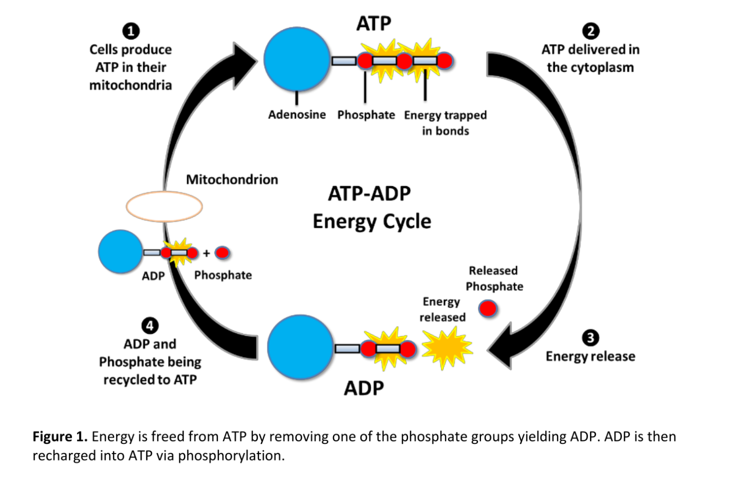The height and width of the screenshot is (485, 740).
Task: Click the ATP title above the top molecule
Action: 374,24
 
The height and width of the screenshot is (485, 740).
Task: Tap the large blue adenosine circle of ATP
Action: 297,60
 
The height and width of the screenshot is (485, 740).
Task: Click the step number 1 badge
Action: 131,31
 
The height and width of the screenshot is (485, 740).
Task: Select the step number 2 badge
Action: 590,31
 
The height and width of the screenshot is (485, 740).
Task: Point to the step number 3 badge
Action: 590,338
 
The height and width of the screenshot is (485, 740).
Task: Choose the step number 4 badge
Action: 150,326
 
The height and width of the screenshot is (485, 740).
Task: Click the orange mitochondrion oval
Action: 164,207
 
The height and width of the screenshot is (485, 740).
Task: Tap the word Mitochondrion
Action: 232,179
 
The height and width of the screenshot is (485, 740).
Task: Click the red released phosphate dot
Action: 487,309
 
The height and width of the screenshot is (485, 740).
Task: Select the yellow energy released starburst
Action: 447,348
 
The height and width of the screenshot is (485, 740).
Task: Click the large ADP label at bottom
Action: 364,388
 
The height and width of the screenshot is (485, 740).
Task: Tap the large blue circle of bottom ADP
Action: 300,347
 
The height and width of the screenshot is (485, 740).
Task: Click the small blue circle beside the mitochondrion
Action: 121,252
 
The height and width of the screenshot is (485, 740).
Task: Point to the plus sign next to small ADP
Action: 207,253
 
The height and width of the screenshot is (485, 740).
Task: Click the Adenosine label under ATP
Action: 297,115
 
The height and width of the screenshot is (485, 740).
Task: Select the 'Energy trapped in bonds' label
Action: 445,122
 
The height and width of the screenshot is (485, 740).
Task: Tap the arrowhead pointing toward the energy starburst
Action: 501,348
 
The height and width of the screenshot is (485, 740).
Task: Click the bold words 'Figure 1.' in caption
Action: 60,437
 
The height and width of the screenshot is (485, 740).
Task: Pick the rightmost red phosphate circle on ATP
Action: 445,61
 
